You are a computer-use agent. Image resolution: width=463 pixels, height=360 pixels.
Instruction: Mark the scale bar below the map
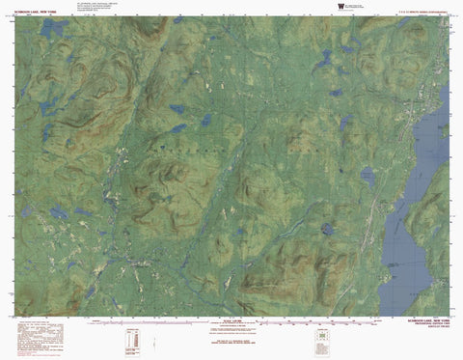pyautogui.click(x=231, y=321)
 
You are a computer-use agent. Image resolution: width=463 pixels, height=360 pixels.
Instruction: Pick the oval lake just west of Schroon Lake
pyautogui.click(x=368, y=176)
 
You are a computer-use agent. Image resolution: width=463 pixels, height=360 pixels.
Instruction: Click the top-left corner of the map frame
pyautogui.click(x=16, y=16)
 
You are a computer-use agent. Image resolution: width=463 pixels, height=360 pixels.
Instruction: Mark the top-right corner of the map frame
pyautogui.click(x=449, y=16)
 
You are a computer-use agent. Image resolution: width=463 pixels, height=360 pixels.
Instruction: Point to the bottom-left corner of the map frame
pyautogui.click(x=16, y=315)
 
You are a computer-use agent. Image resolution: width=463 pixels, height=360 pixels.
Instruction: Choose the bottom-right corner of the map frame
pyautogui.click(x=449, y=315)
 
